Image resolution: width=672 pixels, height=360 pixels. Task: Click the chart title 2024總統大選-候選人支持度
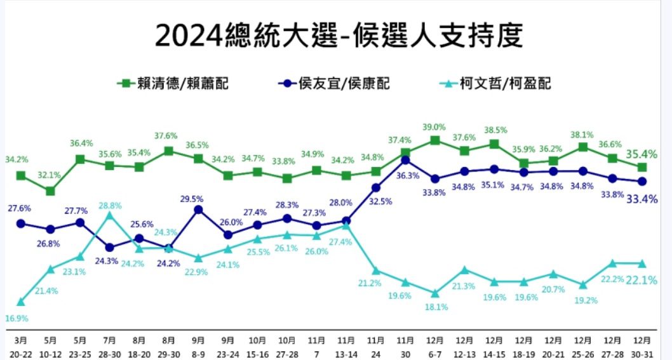pos(339,36)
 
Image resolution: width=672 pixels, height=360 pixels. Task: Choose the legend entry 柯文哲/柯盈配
pos(495,83)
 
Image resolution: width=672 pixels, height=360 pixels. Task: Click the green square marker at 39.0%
pos(434,140)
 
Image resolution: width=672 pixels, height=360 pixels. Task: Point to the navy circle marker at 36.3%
pos(405,160)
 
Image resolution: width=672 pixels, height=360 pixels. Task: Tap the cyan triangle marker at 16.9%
pos(21,302)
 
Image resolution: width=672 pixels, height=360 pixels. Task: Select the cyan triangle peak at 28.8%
pos(110,215)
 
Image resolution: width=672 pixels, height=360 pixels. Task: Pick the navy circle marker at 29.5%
pos(198,210)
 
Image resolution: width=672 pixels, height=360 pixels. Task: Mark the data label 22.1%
pos(642,281)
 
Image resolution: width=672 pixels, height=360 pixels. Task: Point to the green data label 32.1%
pos(50,175)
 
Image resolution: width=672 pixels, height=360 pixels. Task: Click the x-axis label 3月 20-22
pos(21,345)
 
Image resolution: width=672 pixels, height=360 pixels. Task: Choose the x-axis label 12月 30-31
pos(642,345)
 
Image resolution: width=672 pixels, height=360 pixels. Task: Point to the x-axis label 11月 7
pos(316,345)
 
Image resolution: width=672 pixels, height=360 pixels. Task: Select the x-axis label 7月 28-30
pos(110,345)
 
